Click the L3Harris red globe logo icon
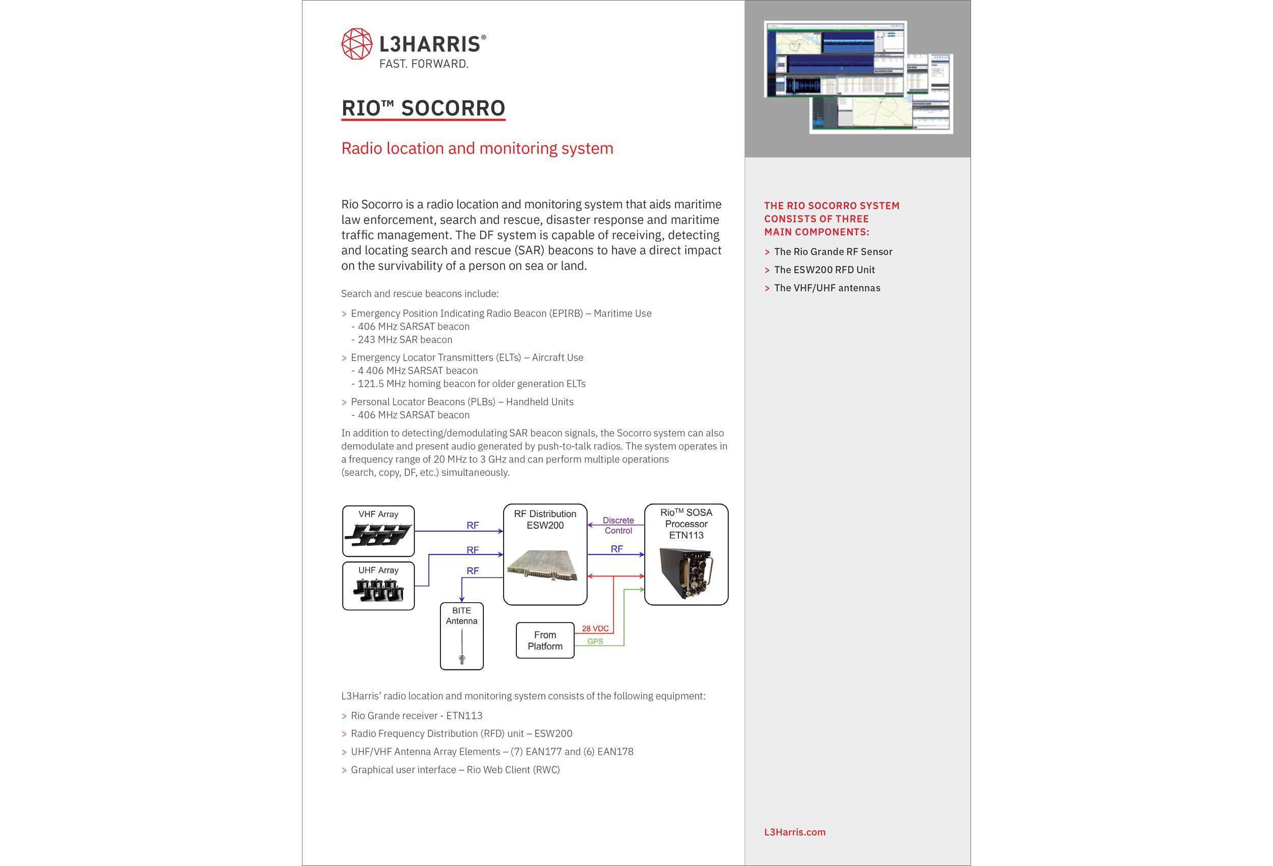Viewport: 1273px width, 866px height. point(356,44)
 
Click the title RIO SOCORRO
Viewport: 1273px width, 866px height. point(423,108)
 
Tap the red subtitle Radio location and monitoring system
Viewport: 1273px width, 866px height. point(477,149)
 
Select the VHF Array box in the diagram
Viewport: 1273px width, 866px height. point(378,531)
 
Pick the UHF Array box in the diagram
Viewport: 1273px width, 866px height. point(378,585)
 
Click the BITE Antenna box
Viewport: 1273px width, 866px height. point(461,636)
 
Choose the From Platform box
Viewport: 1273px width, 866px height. point(544,640)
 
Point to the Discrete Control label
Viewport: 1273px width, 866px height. point(618,525)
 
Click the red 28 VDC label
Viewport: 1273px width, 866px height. point(595,629)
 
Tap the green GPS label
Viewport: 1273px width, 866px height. point(595,641)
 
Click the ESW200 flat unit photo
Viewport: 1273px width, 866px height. point(542,564)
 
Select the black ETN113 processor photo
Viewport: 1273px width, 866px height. point(686,573)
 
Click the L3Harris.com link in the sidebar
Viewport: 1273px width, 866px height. point(794,832)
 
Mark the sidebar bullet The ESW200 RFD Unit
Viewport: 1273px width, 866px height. point(824,269)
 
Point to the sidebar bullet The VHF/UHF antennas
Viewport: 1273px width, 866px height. point(826,288)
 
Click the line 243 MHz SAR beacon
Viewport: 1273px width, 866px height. point(404,340)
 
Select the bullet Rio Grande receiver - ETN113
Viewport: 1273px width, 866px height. point(417,716)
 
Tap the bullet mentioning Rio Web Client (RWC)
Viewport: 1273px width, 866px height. point(455,770)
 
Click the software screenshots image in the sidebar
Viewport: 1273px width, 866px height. point(858,77)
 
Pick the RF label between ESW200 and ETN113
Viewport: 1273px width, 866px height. point(617,549)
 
